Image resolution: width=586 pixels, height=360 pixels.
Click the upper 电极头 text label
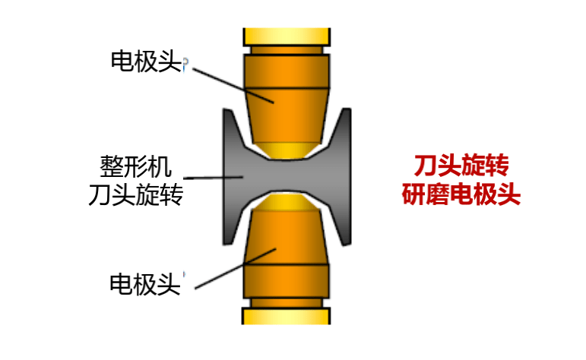click(146, 62)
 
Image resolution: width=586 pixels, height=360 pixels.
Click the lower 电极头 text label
click(145, 284)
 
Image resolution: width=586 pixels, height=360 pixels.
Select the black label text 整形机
click(135, 166)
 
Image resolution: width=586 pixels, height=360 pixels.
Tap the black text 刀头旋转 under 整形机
click(135, 194)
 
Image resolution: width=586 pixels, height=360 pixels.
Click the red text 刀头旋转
click(461, 165)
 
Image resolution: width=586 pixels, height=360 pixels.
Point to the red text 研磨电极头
click(461, 194)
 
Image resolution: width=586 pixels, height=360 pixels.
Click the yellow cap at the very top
click(287, 36)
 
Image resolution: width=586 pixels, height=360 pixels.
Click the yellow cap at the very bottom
click(287, 316)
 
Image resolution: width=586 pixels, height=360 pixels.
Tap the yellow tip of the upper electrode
click(287, 150)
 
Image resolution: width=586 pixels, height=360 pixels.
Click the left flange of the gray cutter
click(233, 177)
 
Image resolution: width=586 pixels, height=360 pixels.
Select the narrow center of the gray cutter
click(287, 176)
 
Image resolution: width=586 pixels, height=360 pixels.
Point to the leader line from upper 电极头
click(233, 86)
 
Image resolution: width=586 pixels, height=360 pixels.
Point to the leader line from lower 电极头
click(236, 269)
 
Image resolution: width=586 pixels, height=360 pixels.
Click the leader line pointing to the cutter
click(213, 178)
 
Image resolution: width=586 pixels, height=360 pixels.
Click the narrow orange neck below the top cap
click(287, 50)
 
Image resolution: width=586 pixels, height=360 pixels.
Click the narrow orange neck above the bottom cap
click(287, 303)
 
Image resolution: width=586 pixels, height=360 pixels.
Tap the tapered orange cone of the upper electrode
click(287, 115)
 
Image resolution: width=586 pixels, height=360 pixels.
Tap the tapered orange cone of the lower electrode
click(287, 238)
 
